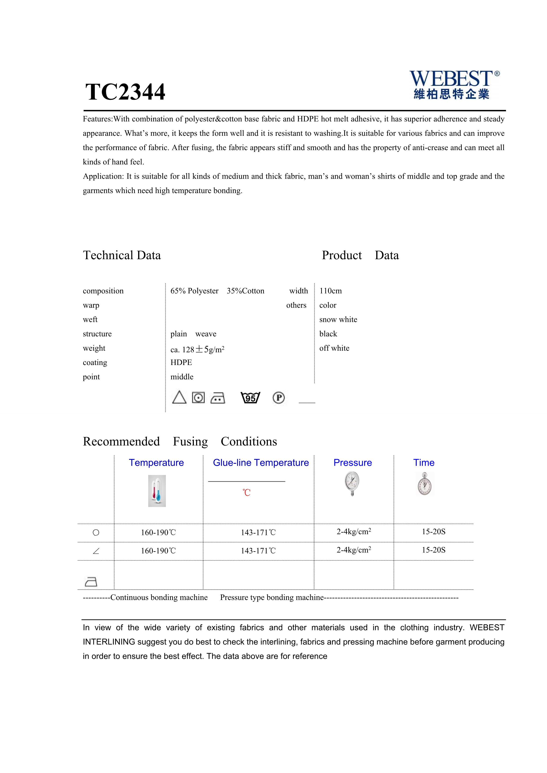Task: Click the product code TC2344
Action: [125, 92]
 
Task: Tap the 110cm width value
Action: [330, 291]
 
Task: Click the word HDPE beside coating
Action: [181, 363]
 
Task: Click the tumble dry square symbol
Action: [198, 398]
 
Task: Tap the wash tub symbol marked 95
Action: [250, 398]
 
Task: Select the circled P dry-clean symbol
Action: [279, 398]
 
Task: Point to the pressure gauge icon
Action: [352, 483]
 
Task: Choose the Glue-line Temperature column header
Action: [261, 463]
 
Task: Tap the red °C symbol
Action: [247, 493]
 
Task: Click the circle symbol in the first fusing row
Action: [96, 533]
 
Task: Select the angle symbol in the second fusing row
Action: [96, 551]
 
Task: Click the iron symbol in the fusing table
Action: [91, 582]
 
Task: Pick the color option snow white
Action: [338, 320]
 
